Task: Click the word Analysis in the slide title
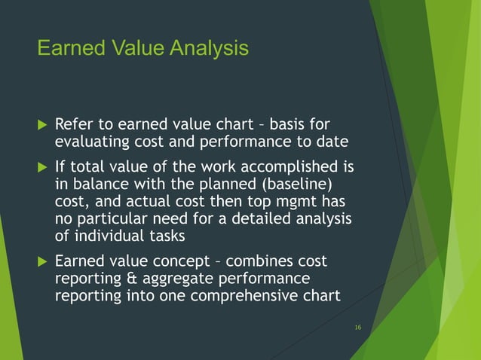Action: pyautogui.click(x=209, y=49)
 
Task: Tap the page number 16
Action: pyautogui.click(x=357, y=326)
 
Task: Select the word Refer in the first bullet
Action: pyautogui.click(x=73, y=124)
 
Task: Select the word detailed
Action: pyautogui.click(x=261, y=219)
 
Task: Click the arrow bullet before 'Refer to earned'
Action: pyautogui.click(x=41, y=124)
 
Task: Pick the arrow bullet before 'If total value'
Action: pyautogui.click(x=41, y=166)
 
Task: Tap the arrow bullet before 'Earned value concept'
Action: pyautogui.click(x=41, y=261)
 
